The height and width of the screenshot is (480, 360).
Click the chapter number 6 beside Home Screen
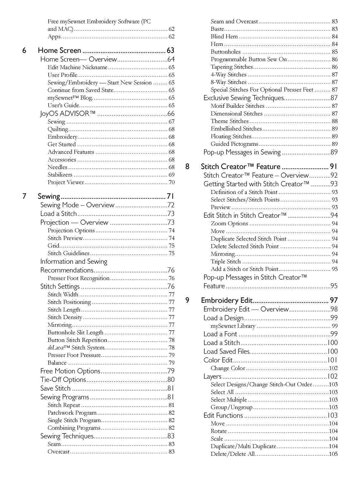pyautogui.click(x=24, y=50)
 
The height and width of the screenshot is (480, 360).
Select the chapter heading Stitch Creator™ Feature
pyautogui.click(x=240, y=166)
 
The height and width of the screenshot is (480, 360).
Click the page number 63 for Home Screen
pyautogui.click(x=170, y=50)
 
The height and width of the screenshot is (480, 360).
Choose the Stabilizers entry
pyautogui.click(x=60, y=175)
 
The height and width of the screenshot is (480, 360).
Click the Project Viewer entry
pyautogui.click(x=66, y=182)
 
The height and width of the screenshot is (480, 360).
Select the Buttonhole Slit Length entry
pyautogui.click(x=75, y=332)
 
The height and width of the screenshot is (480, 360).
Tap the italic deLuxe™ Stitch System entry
pyautogui.click(x=76, y=348)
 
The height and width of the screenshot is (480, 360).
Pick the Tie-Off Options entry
pyautogui.click(x=63, y=380)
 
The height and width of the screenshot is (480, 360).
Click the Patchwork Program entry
pyautogui.click(x=72, y=413)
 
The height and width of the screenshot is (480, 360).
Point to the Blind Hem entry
pyautogui.click(x=224, y=37)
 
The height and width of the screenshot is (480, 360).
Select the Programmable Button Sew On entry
pyautogui.click(x=249, y=59)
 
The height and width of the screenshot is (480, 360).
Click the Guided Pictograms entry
pyautogui.click(x=234, y=144)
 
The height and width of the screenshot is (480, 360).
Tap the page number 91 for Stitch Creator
pyautogui.click(x=334, y=166)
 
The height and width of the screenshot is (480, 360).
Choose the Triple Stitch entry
pyautogui.click(x=226, y=262)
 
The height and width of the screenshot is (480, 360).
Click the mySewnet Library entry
pyautogui.click(x=233, y=326)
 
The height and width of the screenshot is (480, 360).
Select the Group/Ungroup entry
pyautogui.click(x=232, y=407)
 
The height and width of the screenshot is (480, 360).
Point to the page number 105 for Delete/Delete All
pyautogui.click(x=333, y=454)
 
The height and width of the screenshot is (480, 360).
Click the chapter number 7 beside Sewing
pyautogui.click(x=24, y=196)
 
